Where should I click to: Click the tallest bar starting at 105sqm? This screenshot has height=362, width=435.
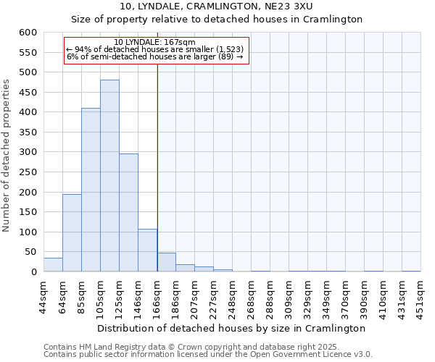click(109, 176)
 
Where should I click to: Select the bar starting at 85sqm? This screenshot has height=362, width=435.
click(91, 190)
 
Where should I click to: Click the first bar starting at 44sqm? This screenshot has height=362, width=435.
click(53, 265)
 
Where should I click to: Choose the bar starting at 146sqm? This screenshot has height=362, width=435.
click(147, 251)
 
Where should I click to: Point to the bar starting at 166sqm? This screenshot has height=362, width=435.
click(166, 263)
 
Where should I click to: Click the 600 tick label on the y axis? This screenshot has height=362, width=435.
click(27, 33)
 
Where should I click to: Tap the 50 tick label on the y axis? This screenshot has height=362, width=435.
click(30, 252)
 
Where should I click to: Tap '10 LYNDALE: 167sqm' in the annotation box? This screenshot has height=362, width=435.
click(155, 43)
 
